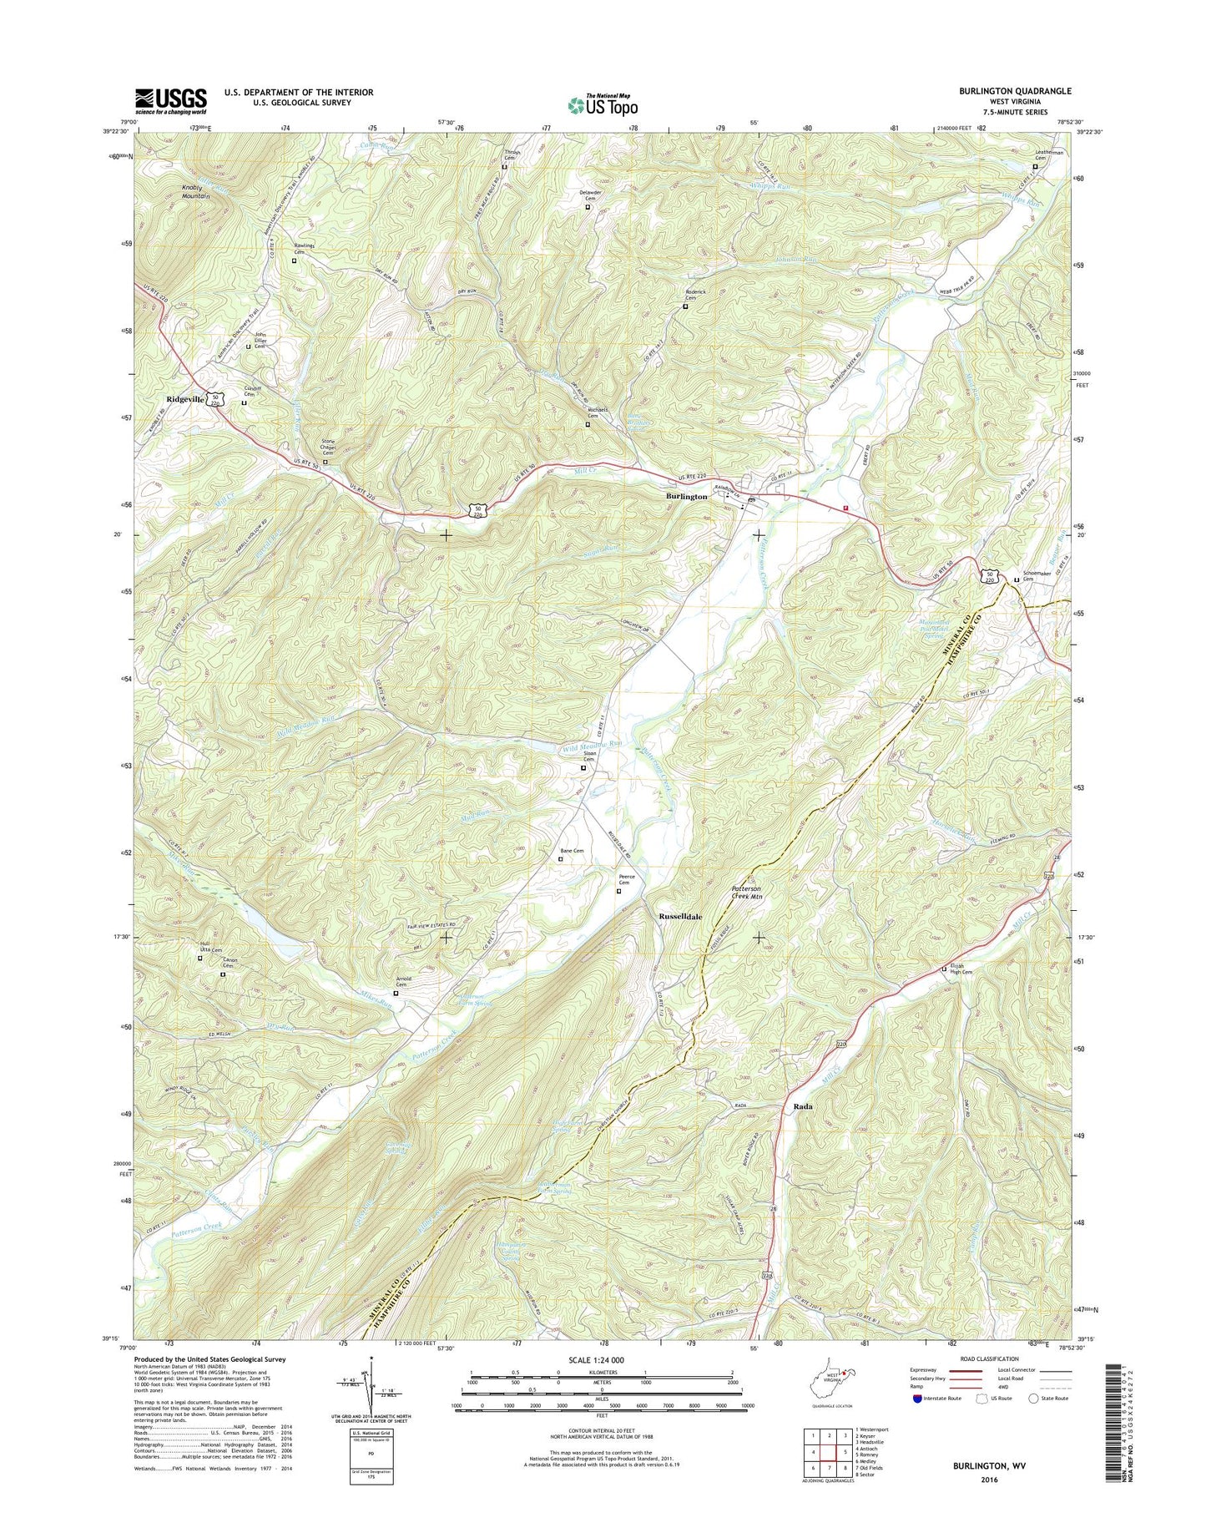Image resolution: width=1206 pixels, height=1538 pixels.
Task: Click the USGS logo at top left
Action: coord(171,102)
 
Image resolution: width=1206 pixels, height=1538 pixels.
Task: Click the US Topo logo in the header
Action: coord(603,104)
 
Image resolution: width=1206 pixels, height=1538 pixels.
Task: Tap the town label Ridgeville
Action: coord(185,400)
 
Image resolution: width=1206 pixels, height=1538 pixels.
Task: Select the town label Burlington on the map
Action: coord(686,496)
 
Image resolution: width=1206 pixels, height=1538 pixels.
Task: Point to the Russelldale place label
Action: coord(680,916)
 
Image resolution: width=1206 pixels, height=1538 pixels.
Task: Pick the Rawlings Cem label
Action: coord(304,248)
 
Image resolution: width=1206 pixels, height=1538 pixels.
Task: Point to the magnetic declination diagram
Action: coord(372,1386)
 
